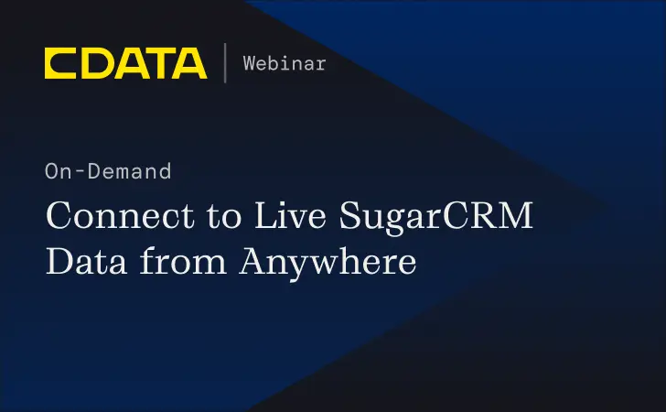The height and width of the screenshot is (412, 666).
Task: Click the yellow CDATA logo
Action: [125, 63]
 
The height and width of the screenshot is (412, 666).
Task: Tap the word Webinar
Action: [285, 63]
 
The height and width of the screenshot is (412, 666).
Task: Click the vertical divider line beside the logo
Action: [225, 63]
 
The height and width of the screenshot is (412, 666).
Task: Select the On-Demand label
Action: [107, 171]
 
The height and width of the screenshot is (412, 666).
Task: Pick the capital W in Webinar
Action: [250, 63]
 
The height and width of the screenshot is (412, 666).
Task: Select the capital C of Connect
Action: [59, 218]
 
